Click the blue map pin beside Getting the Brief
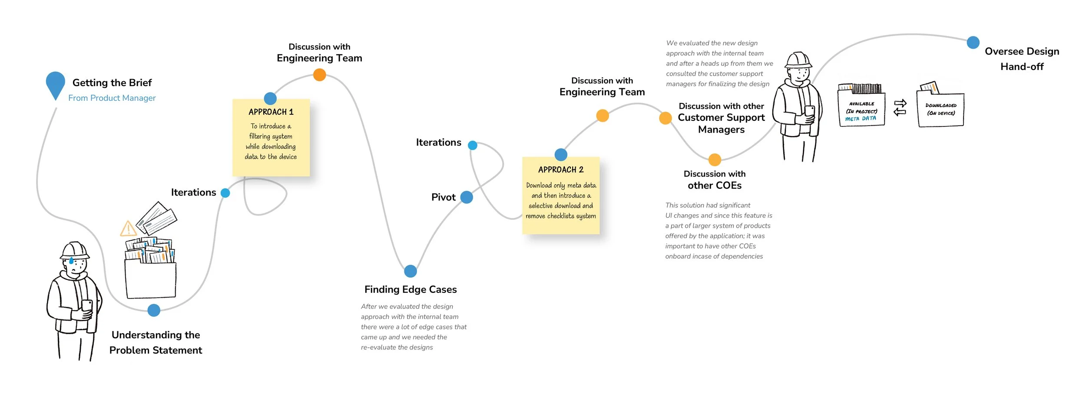pyautogui.click(x=56, y=84)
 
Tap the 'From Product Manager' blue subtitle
pyautogui.click(x=112, y=98)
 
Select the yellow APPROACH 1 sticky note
pyautogui.click(x=271, y=138)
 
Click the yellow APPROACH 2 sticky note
pyautogui.click(x=561, y=196)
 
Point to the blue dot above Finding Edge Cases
pyautogui.click(x=411, y=271)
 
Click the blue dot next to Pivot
pyautogui.click(x=467, y=197)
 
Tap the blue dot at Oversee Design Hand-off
pyautogui.click(x=973, y=43)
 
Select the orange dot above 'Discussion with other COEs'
pyautogui.click(x=715, y=159)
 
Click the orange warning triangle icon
pyautogui.click(x=128, y=229)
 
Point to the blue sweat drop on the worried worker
pyautogui.click(x=71, y=261)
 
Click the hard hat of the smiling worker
pyautogui.click(x=798, y=60)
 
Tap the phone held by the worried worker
pyautogui.click(x=87, y=306)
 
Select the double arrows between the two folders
pyautogui.click(x=900, y=108)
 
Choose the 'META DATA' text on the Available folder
pyautogui.click(x=861, y=119)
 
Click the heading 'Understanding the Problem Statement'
pyautogui.click(x=156, y=342)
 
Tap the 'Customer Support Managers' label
pyautogui.click(x=721, y=123)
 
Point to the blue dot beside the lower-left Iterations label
pyautogui.click(x=225, y=193)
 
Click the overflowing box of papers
pyautogui.click(x=150, y=267)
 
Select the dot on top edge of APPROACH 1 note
pyautogui.click(x=270, y=98)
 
